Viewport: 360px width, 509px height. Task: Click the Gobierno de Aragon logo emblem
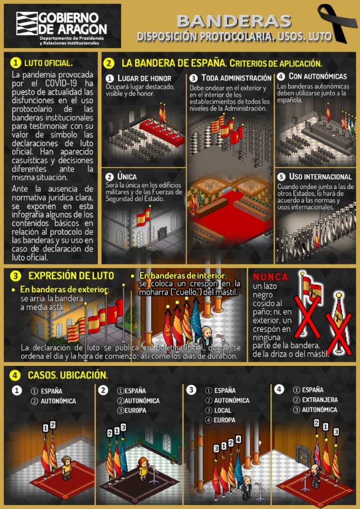pos(26,23)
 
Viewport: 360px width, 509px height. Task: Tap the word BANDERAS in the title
pos(234,21)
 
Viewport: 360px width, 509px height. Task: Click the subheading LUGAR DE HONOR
pos(144,79)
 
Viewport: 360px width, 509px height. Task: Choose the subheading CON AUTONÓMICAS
pos(318,77)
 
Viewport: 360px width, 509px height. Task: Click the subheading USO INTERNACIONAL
pos(320,177)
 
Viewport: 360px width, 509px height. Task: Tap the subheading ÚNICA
pos(127,176)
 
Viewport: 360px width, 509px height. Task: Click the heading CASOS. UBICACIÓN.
pos(68,375)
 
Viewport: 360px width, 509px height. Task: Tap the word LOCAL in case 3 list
pos(223,411)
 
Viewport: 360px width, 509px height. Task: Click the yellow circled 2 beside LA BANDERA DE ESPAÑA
pos(109,63)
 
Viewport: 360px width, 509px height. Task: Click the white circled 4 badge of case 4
pos(279,389)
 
